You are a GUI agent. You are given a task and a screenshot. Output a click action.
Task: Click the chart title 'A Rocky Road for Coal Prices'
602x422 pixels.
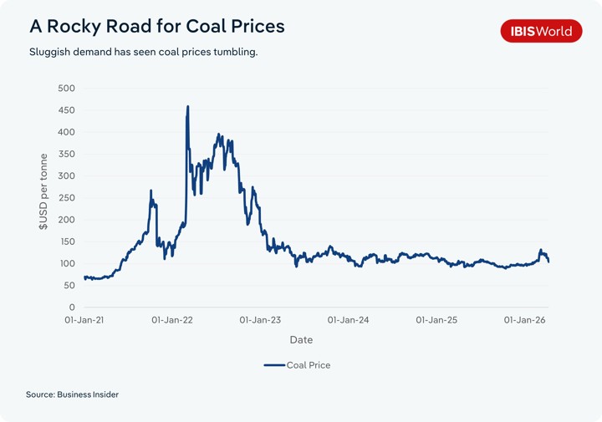click(157, 26)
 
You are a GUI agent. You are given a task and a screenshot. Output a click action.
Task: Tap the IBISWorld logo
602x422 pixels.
click(540, 31)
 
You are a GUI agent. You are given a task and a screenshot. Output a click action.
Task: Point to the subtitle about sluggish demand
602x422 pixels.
click(143, 52)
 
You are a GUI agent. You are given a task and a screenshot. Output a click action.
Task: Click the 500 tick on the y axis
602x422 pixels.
click(65, 89)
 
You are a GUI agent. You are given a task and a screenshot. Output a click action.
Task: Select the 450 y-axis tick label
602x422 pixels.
click(65, 110)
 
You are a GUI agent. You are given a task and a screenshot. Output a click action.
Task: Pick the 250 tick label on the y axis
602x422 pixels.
click(65, 198)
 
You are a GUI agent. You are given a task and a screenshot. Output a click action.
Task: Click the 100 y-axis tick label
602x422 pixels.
click(65, 264)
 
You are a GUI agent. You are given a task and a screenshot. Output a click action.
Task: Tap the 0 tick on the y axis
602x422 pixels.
click(71, 308)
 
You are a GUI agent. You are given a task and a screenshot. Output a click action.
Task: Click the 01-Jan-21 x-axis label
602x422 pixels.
click(84, 320)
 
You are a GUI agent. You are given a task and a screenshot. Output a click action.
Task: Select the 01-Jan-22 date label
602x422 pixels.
click(174, 320)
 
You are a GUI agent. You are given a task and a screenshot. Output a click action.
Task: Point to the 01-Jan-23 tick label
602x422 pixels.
click(260, 320)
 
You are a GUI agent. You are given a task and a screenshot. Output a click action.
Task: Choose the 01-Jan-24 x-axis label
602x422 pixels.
click(348, 320)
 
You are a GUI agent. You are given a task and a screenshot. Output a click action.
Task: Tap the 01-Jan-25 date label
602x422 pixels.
click(436, 320)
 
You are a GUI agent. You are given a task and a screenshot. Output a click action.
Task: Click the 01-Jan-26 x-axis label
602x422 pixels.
click(524, 320)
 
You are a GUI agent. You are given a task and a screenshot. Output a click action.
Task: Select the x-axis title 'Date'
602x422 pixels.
click(301, 340)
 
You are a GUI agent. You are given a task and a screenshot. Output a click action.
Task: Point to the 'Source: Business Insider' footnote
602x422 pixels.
click(72, 394)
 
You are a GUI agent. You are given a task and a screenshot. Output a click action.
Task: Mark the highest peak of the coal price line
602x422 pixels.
click(187, 106)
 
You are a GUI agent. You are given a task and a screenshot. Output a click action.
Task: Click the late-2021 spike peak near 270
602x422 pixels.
click(151, 191)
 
